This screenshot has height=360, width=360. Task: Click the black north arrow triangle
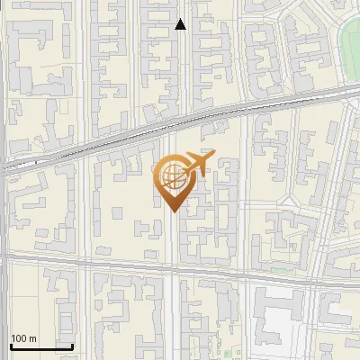[180, 24]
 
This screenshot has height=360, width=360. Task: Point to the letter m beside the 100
[33, 338]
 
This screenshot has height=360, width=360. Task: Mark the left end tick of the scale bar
[10, 346]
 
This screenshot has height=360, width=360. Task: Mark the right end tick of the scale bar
[72, 346]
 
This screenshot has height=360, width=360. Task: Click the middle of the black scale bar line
[40, 347]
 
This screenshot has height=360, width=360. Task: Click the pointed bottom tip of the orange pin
[171, 211]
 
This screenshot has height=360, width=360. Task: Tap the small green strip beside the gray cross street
[284, 269]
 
